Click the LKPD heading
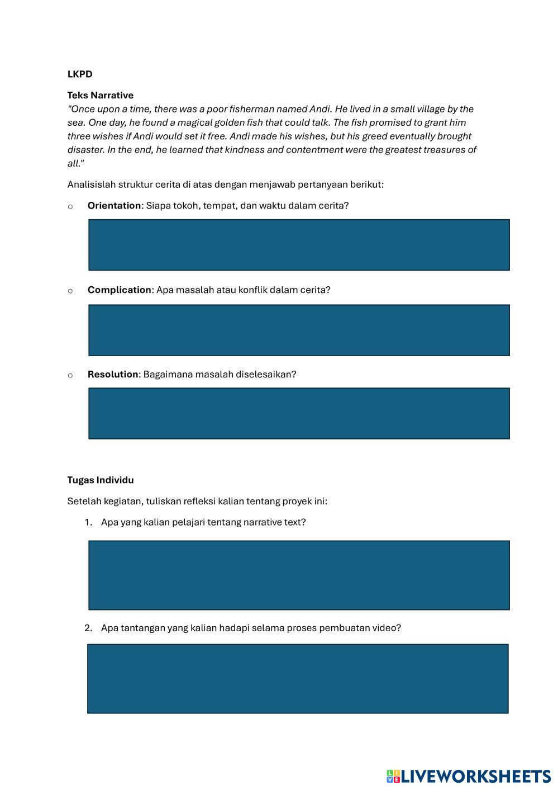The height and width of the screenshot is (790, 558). click(80, 74)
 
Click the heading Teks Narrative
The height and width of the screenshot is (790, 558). click(101, 95)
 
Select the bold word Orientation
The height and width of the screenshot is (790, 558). click(114, 205)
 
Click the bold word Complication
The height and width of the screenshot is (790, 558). click(119, 290)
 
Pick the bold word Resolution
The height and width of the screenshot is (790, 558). click(112, 374)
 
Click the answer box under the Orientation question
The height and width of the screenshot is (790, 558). click(299, 245)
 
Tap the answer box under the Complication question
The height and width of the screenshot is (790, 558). click(299, 330)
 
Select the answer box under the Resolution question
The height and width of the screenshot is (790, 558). click(299, 413)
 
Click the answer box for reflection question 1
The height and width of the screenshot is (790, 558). click(299, 575)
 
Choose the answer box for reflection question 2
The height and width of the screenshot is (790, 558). click(298, 678)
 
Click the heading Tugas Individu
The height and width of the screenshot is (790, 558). click(101, 480)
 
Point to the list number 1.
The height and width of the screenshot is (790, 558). click(88, 522)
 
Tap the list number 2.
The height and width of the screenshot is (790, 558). click(88, 628)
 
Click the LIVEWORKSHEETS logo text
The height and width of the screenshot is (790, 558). click(475, 776)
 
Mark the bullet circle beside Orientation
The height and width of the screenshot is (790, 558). click(70, 206)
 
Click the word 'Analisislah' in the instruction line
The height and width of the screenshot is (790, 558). click(91, 185)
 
